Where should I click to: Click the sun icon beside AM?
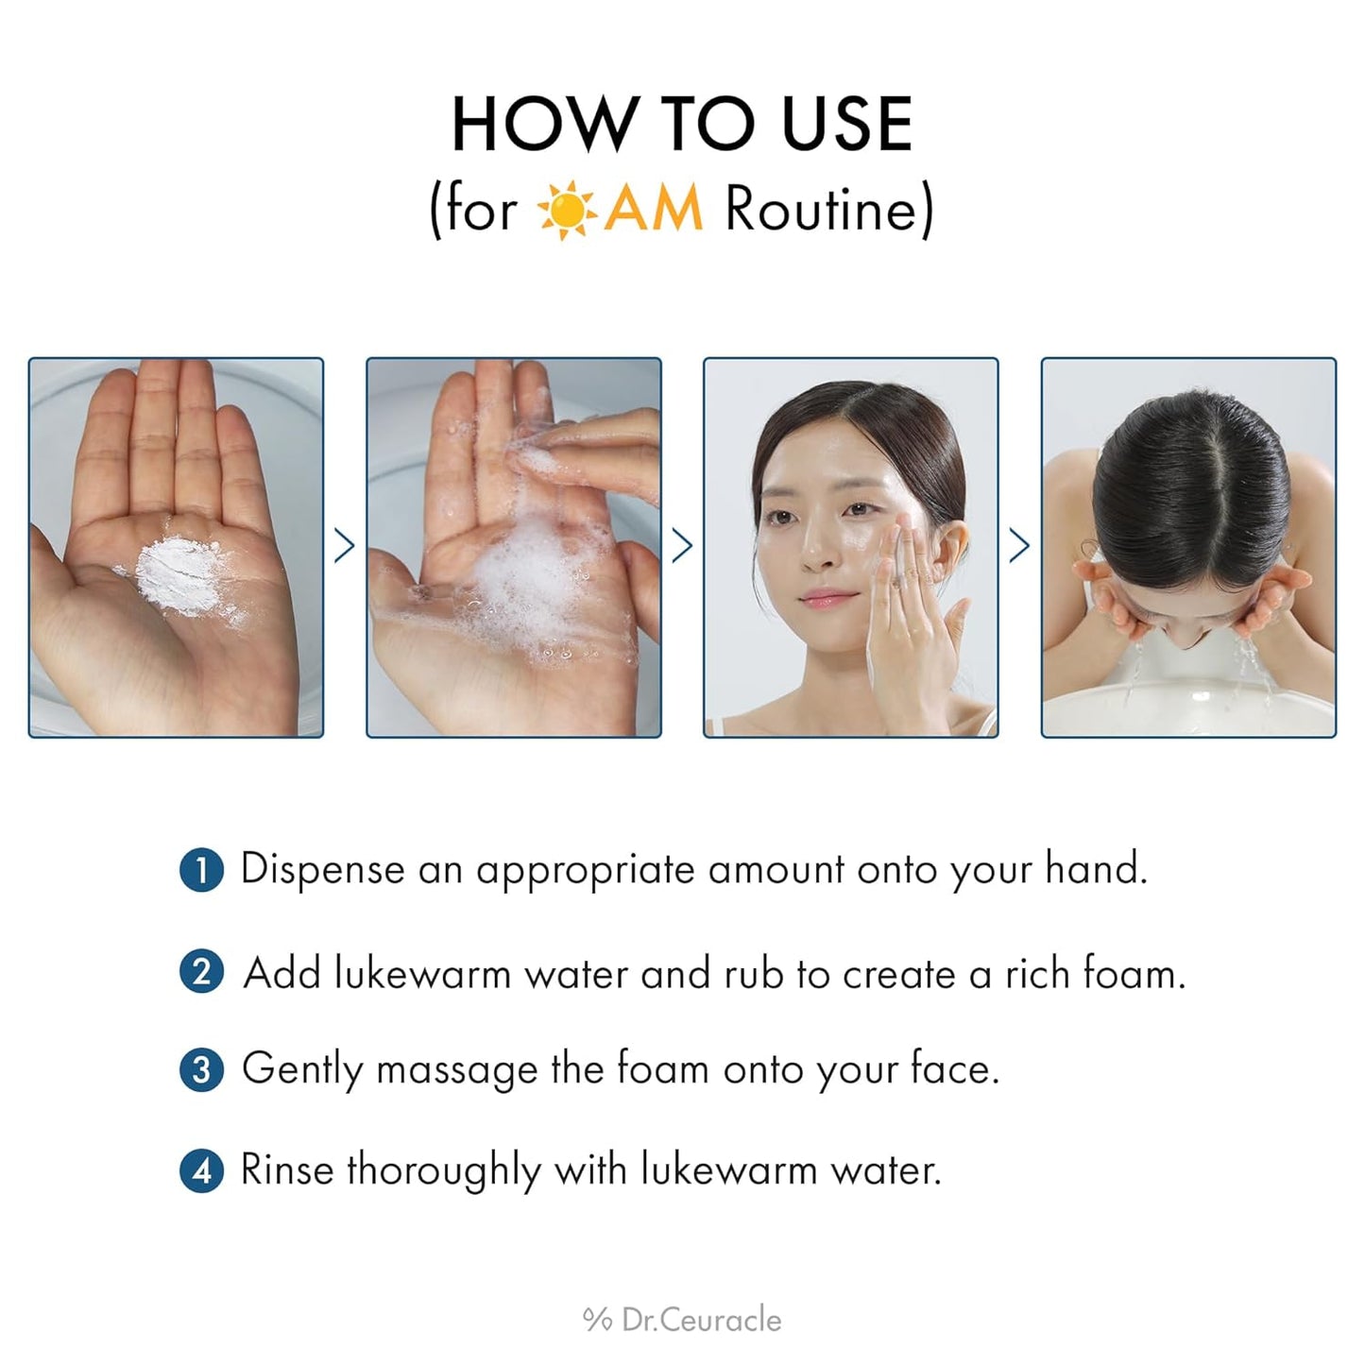point(566,210)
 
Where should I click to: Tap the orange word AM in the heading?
point(654,210)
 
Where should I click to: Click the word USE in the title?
point(846,125)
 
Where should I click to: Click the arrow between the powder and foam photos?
point(345,546)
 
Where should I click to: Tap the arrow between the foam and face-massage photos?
point(682,546)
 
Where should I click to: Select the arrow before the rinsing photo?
point(1019,546)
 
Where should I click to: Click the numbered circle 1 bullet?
point(201,870)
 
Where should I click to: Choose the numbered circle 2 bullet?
point(201,972)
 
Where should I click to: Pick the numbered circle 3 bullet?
point(201,1070)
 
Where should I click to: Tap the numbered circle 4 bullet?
point(201,1171)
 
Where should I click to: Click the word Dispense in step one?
point(322,870)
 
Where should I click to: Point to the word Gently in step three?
point(301,1070)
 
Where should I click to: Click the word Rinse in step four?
point(287,1170)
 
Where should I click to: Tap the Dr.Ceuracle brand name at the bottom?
point(701,1320)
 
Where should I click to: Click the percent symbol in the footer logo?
point(597,1320)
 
